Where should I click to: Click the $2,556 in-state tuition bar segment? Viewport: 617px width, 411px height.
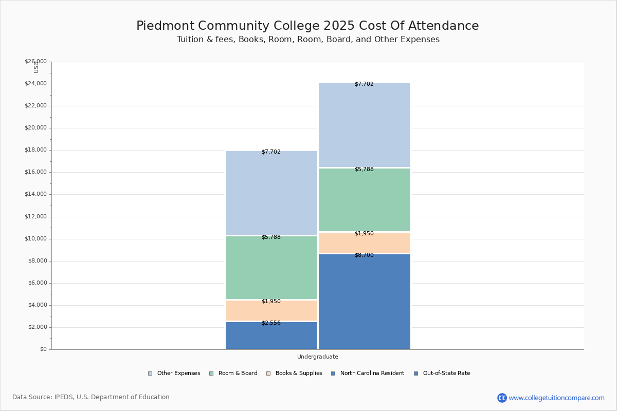click(x=271, y=335)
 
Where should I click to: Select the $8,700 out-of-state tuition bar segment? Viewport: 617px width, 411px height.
click(x=365, y=302)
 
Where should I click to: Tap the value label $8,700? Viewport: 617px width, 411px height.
click(x=364, y=255)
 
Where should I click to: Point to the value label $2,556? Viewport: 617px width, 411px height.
click(x=271, y=323)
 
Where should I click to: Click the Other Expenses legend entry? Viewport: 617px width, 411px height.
click(x=174, y=373)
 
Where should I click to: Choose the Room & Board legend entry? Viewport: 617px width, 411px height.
click(x=233, y=373)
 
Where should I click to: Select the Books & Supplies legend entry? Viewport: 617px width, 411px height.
click(x=295, y=373)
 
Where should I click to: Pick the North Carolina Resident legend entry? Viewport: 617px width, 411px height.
click(x=368, y=373)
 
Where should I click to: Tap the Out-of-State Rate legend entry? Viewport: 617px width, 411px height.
click(x=442, y=373)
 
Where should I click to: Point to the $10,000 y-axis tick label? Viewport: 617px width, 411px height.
click(x=36, y=239)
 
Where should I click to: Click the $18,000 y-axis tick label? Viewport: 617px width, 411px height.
click(x=36, y=150)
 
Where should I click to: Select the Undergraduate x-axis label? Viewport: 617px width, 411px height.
click(x=318, y=357)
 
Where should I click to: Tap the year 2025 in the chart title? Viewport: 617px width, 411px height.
click(x=339, y=26)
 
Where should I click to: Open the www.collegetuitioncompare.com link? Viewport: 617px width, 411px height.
click(x=557, y=398)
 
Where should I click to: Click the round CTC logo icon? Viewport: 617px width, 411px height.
click(x=502, y=398)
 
